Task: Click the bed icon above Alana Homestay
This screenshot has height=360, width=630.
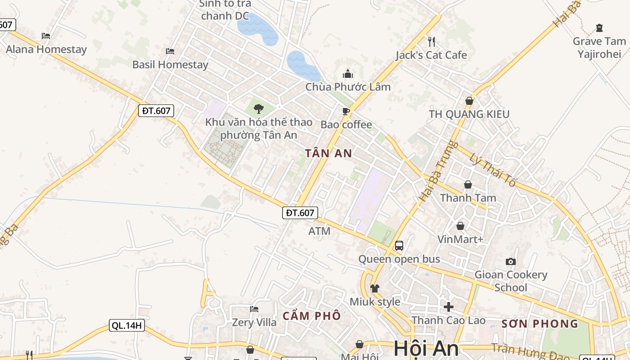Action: pos(45,36)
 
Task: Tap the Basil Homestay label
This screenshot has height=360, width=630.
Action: pos(170,64)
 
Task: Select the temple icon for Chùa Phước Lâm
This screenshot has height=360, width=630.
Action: pos(348,74)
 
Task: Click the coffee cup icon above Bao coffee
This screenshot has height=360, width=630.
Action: pos(346,111)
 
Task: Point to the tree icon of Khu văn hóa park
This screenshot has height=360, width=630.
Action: pos(258,108)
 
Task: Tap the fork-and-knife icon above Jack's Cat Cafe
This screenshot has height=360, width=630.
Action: pos(431,42)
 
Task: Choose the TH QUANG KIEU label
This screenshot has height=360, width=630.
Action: pos(469,114)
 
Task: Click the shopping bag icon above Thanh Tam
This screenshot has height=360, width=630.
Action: pos(468,184)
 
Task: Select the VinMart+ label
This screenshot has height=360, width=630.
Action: pos(460,239)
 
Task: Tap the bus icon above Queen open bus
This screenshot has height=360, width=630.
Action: pos(399,246)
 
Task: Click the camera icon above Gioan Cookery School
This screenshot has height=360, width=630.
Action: pos(510,261)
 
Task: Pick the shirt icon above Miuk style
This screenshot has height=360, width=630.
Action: pos(375,288)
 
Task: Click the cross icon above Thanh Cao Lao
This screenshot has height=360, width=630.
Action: pos(448,307)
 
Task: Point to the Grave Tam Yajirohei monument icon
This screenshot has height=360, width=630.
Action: pos(599,28)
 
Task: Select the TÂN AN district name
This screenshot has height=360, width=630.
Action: pos(328,153)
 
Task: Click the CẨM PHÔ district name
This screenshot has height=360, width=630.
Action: pos(311,316)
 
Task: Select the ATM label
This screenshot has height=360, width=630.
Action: pos(319,231)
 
